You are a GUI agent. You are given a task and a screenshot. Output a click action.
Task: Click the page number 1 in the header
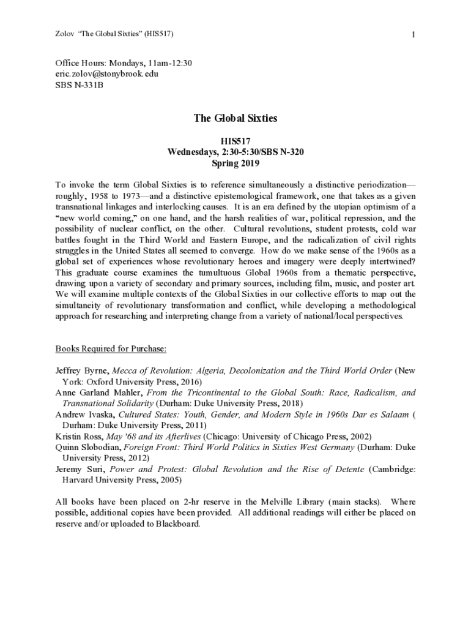414,35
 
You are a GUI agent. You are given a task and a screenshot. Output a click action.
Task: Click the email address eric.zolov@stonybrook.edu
107,73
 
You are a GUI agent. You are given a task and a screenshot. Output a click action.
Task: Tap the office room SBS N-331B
80,84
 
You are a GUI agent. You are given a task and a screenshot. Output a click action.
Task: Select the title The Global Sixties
236,118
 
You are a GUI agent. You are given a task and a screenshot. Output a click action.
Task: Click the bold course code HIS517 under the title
236,141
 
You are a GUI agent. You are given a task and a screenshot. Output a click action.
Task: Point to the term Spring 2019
236,163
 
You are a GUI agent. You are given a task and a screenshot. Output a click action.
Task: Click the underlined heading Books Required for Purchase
111,349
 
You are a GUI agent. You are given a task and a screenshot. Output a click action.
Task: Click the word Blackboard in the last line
177,524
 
